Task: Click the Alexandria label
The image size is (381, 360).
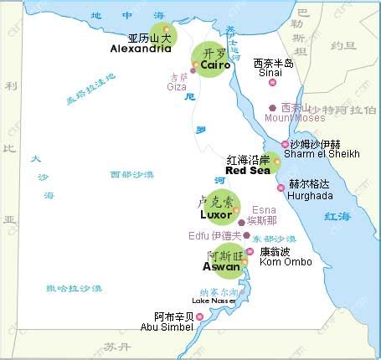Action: [141, 49]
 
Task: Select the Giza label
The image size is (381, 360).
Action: [177, 86]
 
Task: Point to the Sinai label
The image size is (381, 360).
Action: [268, 73]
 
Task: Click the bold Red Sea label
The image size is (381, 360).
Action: [247, 170]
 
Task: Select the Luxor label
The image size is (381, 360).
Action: [215, 214]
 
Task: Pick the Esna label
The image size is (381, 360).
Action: [264, 209]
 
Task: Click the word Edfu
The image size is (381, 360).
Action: [202, 235]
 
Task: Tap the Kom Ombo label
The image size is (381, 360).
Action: [286, 262]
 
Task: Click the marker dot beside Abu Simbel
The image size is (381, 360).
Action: [201, 316]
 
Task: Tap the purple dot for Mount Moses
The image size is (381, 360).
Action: [272, 108]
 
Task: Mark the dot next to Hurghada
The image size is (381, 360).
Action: [281, 188]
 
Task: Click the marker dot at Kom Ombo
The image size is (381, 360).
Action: [250, 251]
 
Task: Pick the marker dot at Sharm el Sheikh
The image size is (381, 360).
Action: [285, 145]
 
